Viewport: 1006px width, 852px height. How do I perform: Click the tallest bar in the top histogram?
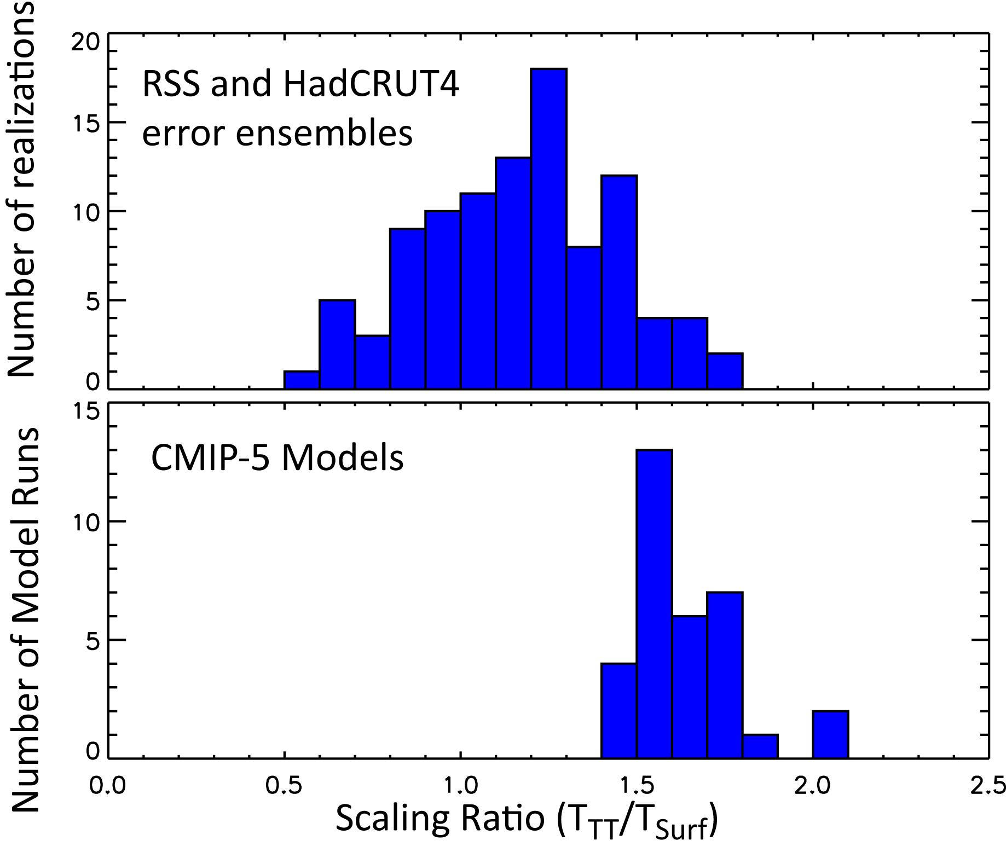coord(549,230)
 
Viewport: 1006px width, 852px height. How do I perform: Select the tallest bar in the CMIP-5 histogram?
coord(654,602)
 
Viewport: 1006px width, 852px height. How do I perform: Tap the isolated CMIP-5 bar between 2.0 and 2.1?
coord(830,734)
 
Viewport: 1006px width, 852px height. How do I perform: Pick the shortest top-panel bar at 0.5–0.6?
coord(302,380)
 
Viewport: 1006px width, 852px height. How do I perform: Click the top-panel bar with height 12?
coord(619,282)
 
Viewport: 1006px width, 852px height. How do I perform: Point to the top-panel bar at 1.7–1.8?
coord(725,372)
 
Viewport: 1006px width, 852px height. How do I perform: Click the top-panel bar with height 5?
coord(337,345)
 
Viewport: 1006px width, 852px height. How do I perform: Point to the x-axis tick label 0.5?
coord(284,786)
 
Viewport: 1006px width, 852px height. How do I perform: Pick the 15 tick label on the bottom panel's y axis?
coord(86,412)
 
